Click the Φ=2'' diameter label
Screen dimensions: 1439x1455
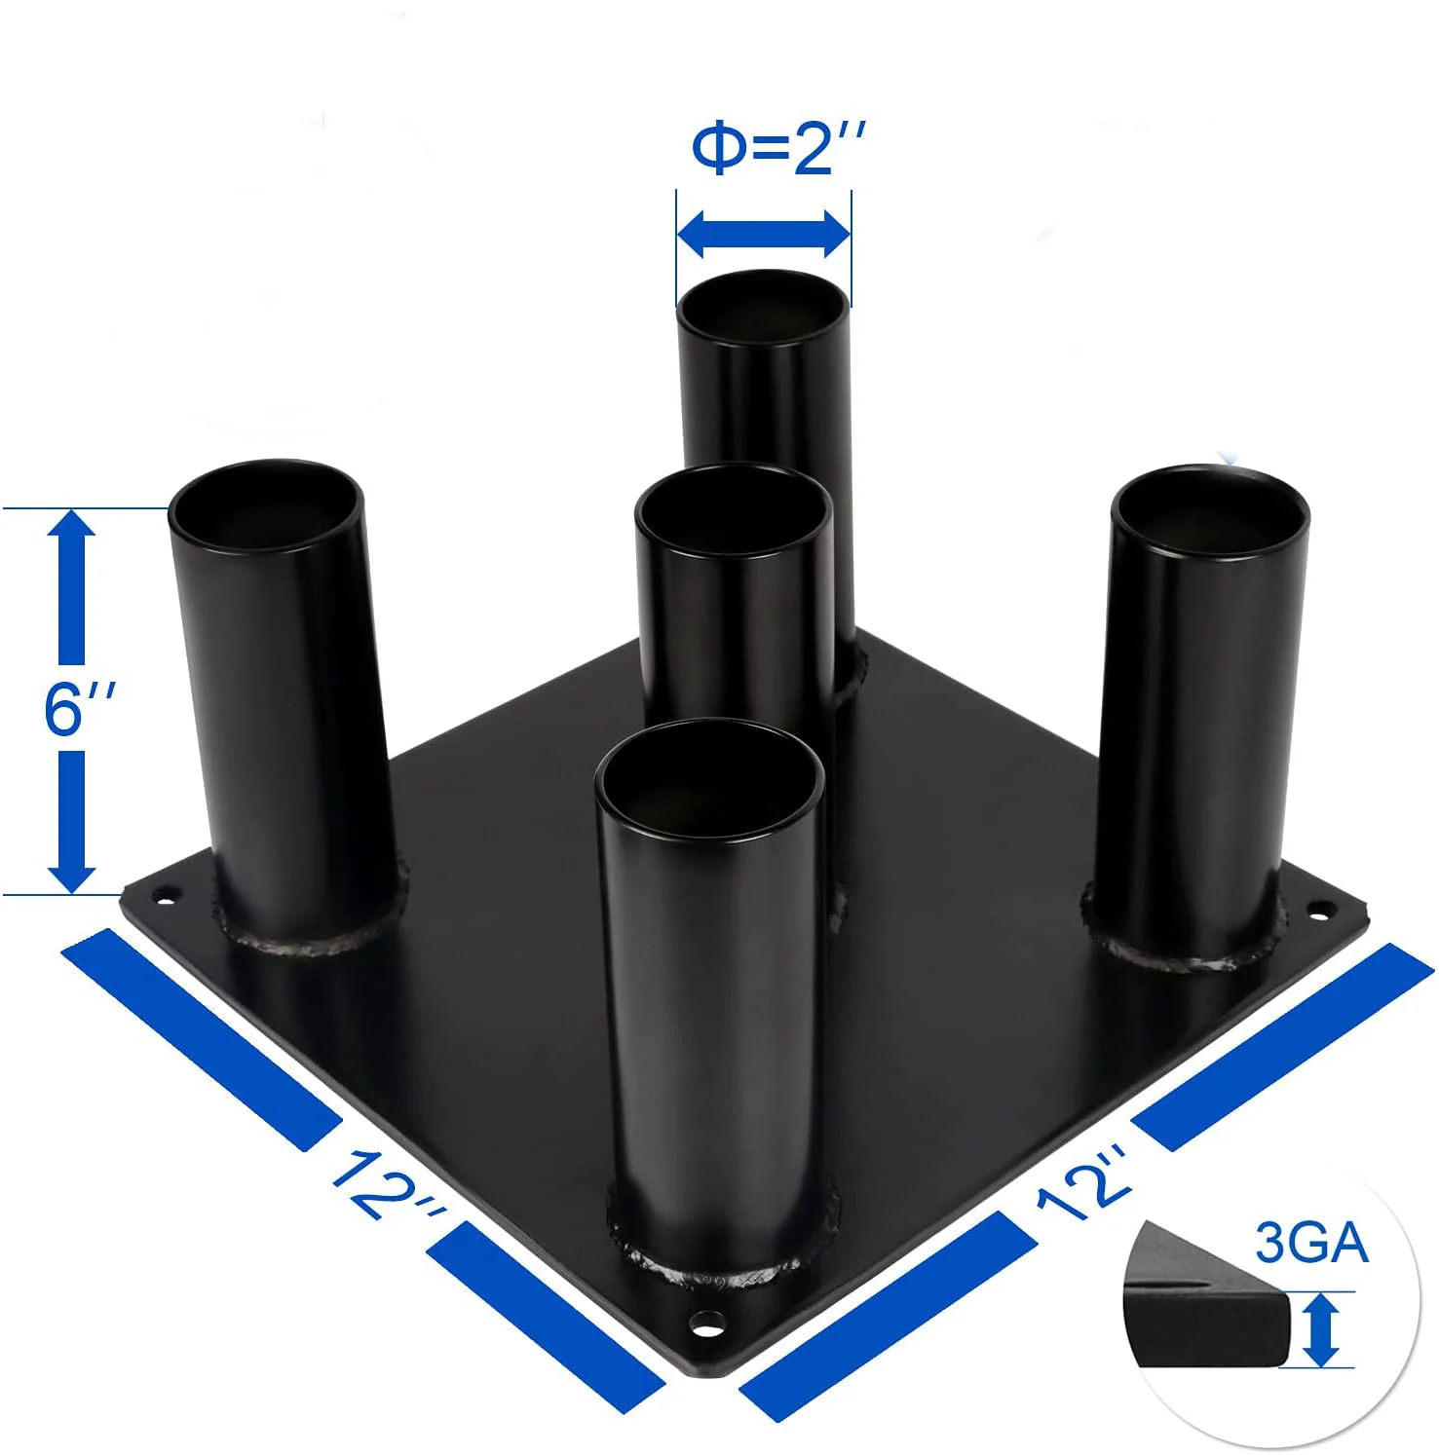coord(776,149)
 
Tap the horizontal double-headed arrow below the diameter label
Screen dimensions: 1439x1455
coord(764,234)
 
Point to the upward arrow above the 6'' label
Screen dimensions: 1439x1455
coord(71,586)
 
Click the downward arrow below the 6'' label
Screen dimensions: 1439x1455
coord(71,821)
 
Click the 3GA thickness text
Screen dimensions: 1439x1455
coord(1311,1244)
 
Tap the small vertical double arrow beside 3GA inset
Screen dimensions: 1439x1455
coord(1320,1329)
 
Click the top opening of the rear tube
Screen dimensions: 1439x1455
coord(763,305)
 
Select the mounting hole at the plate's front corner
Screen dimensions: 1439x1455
coord(707,1324)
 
